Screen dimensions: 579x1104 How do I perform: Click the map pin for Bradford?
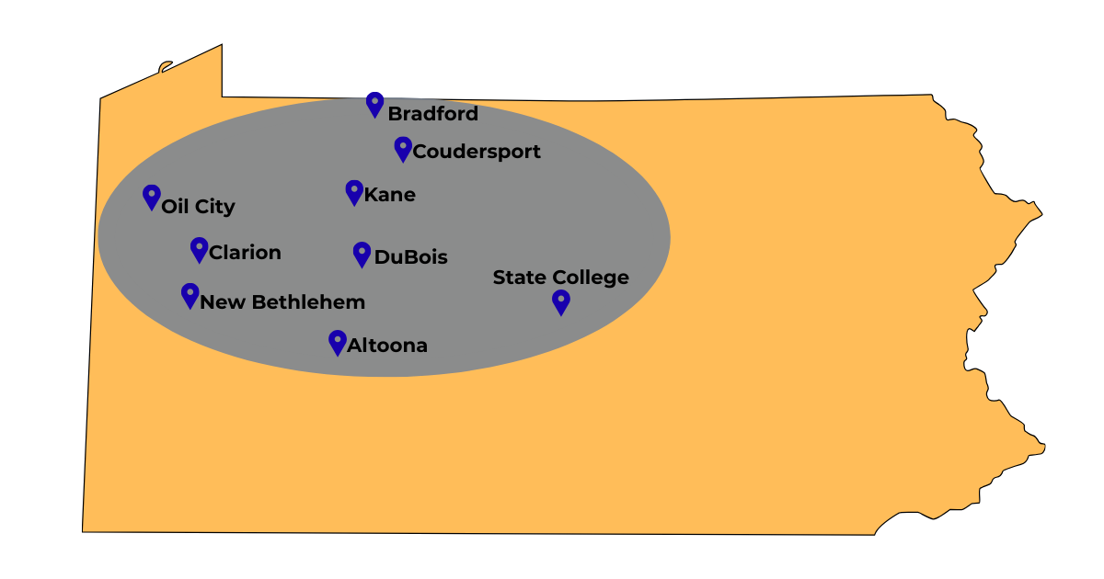[374, 103]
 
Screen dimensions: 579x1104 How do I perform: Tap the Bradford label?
[432, 114]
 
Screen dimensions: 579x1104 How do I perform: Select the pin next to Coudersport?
[403, 148]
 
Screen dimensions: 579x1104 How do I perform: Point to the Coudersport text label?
[477, 152]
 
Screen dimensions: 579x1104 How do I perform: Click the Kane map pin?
[354, 191]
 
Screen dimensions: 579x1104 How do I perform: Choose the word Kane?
[390, 195]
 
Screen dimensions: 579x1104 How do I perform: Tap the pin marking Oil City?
[152, 196]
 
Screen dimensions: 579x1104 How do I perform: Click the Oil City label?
[198, 207]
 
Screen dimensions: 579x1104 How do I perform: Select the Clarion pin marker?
[199, 248]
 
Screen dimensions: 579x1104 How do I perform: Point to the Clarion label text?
[245, 253]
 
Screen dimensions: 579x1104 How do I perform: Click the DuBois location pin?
[362, 254]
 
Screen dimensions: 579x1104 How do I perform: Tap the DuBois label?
[410, 257]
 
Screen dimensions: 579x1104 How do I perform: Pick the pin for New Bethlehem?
[190, 294]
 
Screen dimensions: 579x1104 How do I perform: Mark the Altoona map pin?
[338, 342]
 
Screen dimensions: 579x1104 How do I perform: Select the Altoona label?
[386, 346]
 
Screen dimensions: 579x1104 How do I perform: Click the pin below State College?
[561, 301]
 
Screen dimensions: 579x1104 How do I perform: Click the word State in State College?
[520, 278]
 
